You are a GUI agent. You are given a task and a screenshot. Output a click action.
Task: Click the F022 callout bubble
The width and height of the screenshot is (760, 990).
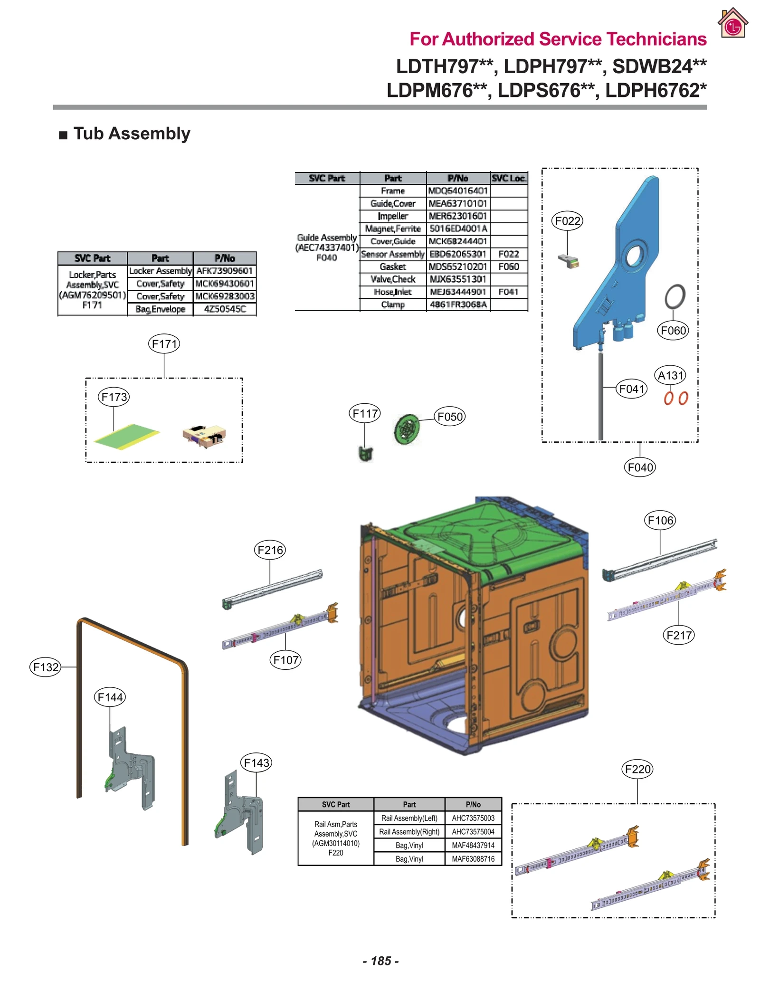coord(567,221)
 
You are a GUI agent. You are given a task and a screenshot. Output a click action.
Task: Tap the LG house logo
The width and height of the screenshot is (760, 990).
coord(733,23)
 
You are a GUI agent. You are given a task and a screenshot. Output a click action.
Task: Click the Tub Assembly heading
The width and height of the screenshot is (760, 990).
coord(132,133)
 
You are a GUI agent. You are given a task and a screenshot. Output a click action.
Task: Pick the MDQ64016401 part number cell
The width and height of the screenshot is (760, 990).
coord(458,190)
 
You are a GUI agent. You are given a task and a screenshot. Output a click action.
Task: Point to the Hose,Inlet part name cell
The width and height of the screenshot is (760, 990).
coord(393,292)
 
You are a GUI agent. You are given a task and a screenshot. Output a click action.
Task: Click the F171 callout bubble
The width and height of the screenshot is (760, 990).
coord(164,343)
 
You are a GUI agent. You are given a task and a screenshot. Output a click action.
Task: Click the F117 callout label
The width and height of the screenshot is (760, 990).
coord(365,413)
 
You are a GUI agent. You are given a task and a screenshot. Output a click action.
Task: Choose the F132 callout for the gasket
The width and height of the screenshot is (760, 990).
coord(46,667)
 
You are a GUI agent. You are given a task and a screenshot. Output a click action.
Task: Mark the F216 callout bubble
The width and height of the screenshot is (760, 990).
coord(270,550)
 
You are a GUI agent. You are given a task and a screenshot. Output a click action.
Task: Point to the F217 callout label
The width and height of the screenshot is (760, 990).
coord(678,635)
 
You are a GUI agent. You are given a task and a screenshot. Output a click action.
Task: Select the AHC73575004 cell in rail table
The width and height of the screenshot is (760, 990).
coord(473,832)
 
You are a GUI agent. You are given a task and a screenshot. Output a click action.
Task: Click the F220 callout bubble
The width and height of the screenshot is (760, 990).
coord(637,769)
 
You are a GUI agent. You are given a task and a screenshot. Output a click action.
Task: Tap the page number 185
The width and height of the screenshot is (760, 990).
coord(380,961)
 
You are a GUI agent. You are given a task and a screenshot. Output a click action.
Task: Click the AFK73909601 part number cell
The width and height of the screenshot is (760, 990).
coord(224,271)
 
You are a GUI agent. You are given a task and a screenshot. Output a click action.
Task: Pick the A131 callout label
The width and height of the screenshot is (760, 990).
coord(670,375)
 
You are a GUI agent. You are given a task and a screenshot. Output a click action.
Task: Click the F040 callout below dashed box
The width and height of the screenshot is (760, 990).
coord(640,467)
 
